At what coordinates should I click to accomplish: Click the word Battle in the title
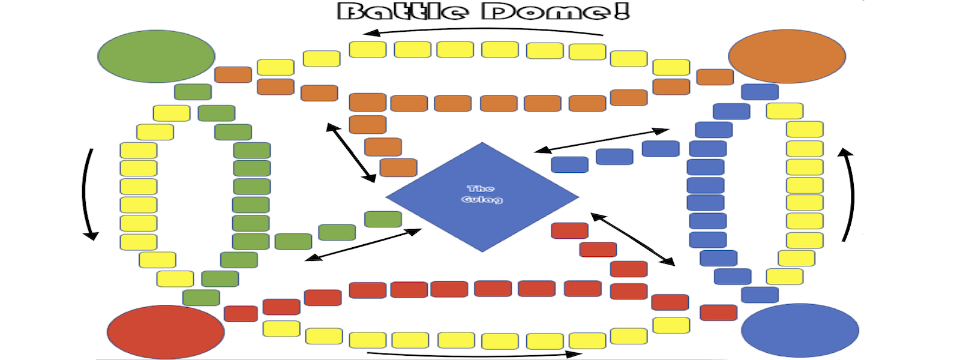coord(403,11)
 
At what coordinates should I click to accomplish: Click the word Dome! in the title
coord(556,11)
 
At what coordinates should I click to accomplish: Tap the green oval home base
coord(156,56)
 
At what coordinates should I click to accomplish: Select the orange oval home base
coord(787,56)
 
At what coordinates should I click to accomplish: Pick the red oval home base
coord(166,332)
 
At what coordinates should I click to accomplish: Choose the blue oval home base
coord(800,331)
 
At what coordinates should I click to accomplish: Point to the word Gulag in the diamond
coord(482,199)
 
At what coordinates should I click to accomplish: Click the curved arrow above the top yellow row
coord(483,29)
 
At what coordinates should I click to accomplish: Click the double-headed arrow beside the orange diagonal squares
coord(350,152)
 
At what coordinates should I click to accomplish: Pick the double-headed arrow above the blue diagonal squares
coord(602,140)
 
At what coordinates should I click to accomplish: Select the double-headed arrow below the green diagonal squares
coord(363,245)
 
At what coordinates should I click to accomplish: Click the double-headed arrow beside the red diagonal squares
coord(632,239)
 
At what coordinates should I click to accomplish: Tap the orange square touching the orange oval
coord(715,77)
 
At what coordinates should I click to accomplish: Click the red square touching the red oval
coord(241,313)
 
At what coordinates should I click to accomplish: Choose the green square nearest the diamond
coord(383,219)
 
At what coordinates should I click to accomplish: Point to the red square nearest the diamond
coord(569,230)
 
